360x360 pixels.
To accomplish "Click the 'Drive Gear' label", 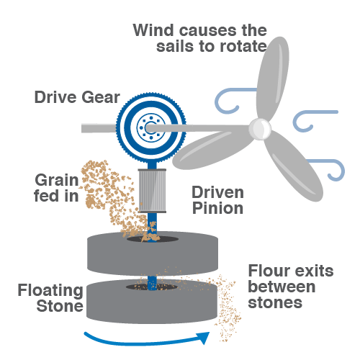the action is click(x=77, y=97).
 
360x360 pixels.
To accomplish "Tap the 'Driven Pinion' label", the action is click(x=218, y=200).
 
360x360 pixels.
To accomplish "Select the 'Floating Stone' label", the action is click(x=50, y=298).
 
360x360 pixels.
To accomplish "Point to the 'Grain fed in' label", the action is click(x=57, y=188).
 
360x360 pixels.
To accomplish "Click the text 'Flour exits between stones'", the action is click(x=291, y=287).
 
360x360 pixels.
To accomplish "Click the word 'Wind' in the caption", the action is click(x=153, y=30).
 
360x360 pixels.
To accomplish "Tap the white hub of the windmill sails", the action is click(x=260, y=129).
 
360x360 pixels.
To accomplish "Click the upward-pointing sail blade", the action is click(x=273, y=78).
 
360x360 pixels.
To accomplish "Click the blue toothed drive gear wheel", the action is click(x=151, y=127).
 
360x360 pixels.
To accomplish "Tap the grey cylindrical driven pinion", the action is click(x=152, y=191).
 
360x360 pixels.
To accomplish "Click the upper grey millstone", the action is click(x=153, y=253).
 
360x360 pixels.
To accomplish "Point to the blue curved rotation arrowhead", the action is click(x=203, y=338).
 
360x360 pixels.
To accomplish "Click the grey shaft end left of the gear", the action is click(x=99, y=128).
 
